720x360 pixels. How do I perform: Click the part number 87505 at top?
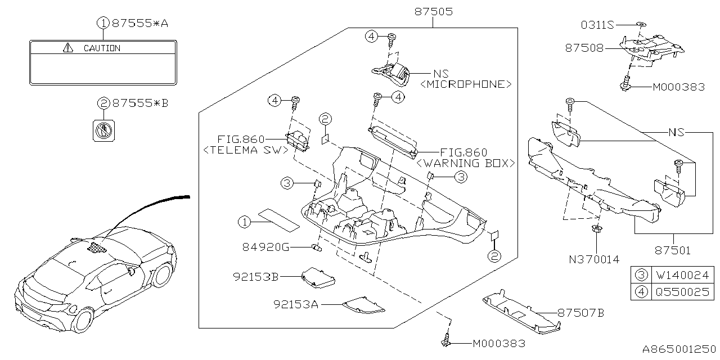pyautogui.click(x=433, y=11)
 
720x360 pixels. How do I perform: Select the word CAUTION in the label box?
pyautogui.click(x=102, y=48)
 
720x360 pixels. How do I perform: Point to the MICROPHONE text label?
pyautogui.click(x=466, y=84)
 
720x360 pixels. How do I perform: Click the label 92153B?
pyautogui.click(x=256, y=276)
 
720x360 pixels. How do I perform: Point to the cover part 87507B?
pyautogui.click(x=520, y=313)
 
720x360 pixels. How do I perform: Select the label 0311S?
pyautogui.click(x=597, y=25)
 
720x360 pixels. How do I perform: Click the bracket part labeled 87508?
pyautogui.click(x=652, y=48)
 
